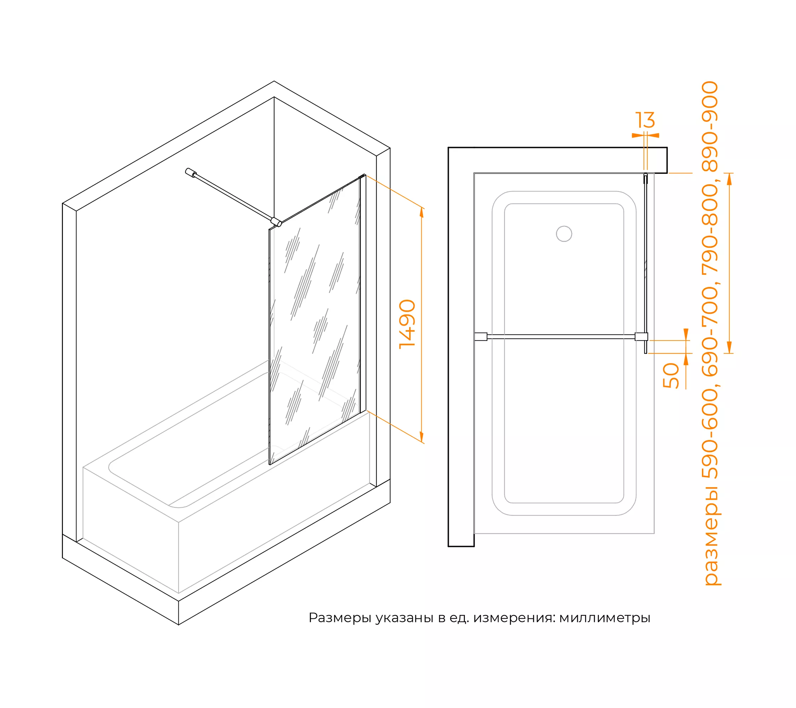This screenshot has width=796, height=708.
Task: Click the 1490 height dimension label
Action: point(407,324)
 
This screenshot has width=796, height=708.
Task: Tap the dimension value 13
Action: point(645,120)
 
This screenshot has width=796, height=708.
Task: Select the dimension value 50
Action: point(671,376)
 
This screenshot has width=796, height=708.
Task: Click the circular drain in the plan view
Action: point(564,234)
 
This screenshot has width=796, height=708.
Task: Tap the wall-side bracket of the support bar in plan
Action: point(481,337)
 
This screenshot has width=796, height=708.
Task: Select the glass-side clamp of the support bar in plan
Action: point(641,337)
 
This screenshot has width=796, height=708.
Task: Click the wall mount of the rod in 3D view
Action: point(191,173)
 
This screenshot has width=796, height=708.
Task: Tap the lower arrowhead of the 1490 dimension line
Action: point(421,436)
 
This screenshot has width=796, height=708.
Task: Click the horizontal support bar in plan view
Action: point(561,337)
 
